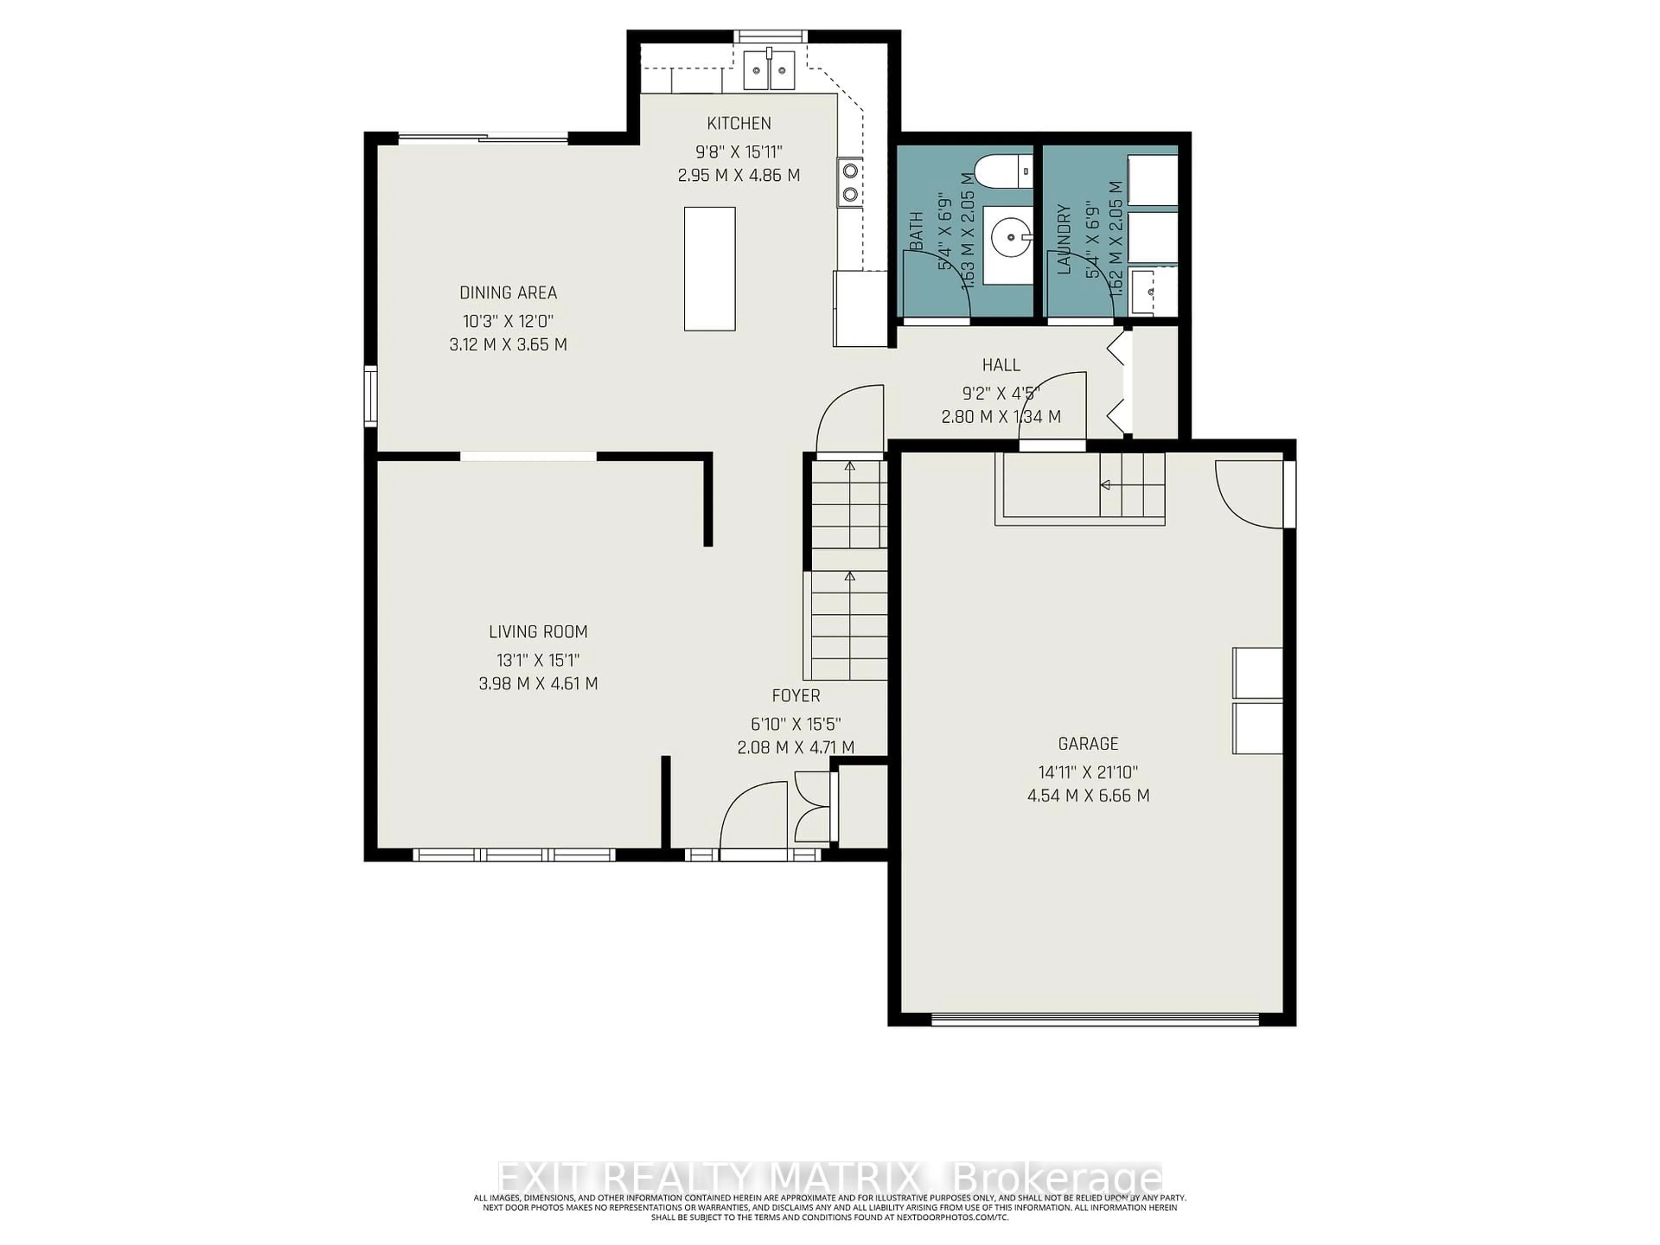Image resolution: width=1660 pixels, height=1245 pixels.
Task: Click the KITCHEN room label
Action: pos(738,123)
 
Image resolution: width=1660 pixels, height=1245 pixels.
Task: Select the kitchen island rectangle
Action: pos(709,268)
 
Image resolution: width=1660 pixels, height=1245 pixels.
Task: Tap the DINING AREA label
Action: pos(508,293)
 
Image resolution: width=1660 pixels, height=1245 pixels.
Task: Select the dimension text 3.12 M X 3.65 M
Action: pos(508,345)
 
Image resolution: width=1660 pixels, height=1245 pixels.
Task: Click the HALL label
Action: pos(1001,365)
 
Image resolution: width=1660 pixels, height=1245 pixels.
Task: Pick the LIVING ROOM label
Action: pos(538,632)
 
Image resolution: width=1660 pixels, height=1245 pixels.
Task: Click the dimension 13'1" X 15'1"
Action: pos(538,661)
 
